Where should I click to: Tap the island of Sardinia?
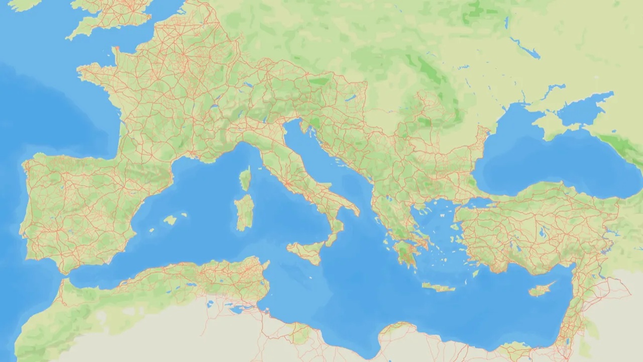(x=245, y=212)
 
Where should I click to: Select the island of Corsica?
(x=246, y=179)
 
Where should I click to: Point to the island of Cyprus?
(x=542, y=290)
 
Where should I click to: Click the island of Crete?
(x=438, y=287)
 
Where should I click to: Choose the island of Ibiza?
(x=152, y=230)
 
